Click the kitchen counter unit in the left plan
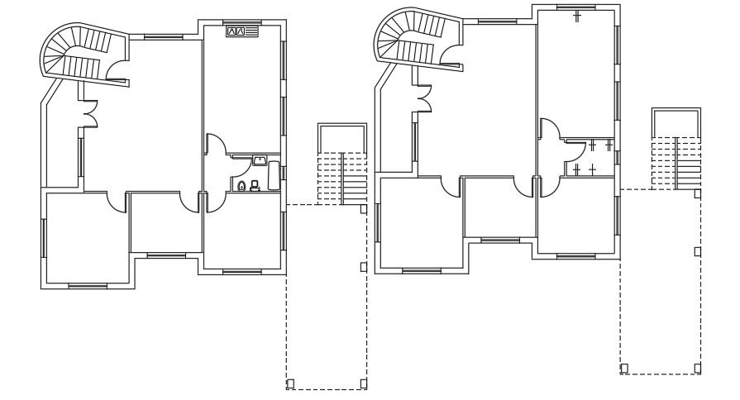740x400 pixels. [241, 31]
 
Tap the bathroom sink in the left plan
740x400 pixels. [260, 160]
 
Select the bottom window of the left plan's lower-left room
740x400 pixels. [82, 286]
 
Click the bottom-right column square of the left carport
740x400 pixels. [364, 383]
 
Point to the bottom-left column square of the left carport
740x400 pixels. [289, 383]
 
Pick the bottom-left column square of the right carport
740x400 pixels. [624, 368]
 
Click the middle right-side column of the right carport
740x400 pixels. [697, 250]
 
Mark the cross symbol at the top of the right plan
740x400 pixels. [577, 16]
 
